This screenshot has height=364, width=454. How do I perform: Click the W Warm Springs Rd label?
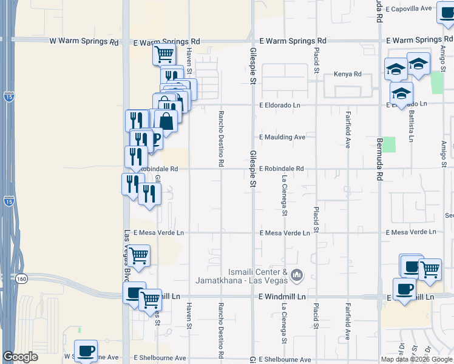point(84,42)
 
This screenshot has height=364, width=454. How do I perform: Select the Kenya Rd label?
point(347,74)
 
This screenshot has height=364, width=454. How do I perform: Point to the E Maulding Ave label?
point(282,137)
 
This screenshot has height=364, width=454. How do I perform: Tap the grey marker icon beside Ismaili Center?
point(297,275)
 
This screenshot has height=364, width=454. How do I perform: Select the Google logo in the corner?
point(20,357)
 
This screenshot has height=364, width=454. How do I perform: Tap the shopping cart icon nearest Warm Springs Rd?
point(164,55)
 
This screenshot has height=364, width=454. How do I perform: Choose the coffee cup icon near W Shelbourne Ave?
point(86,350)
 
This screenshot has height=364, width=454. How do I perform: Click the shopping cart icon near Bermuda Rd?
point(430,269)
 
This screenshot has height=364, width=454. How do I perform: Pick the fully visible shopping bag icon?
point(166,121)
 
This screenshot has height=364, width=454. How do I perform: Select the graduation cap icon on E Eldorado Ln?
point(401,94)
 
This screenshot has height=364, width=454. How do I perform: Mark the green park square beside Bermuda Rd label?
point(389,144)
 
